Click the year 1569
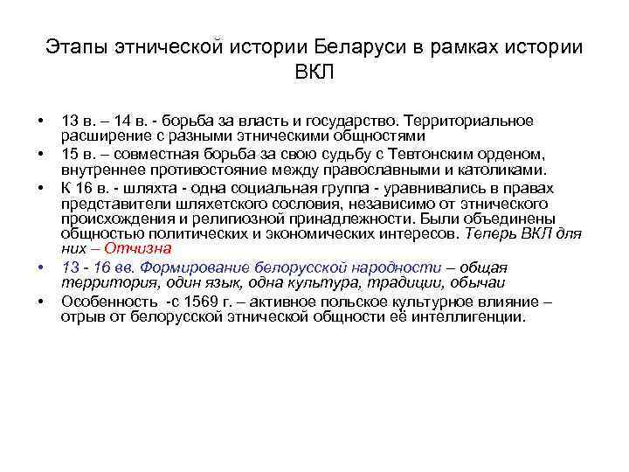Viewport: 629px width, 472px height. (197, 302)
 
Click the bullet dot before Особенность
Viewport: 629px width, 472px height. (41, 302)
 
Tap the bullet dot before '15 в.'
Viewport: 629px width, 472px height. (41, 155)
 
